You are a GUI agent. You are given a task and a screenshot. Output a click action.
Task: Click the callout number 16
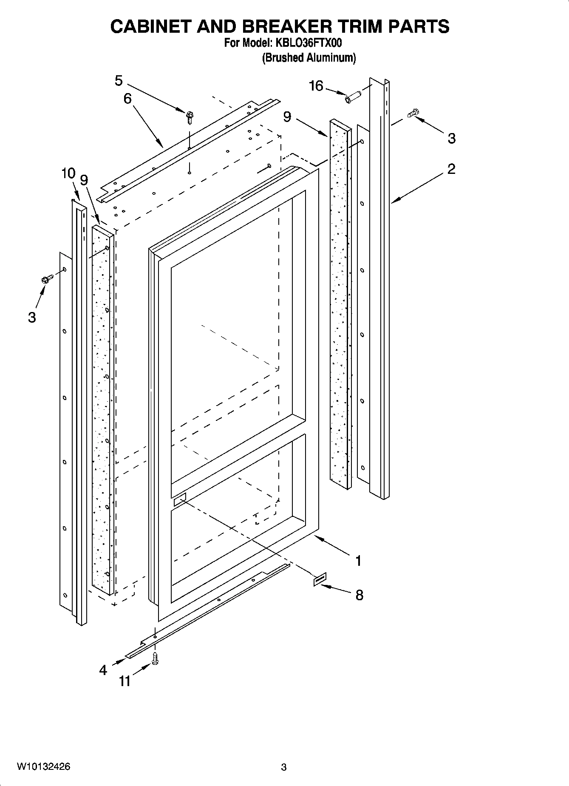[316, 86]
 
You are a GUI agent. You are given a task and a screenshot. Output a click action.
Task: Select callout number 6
[127, 99]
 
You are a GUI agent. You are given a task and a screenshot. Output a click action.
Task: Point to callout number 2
[451, 169]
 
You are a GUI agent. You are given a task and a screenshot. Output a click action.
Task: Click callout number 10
[68, 173]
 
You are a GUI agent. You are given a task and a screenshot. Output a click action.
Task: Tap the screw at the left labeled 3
[46, 279]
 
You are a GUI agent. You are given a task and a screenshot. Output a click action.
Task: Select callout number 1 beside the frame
[358, 561]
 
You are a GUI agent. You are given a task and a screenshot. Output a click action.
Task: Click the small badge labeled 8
[320, 579]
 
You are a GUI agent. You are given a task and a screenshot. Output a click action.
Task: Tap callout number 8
[359, 595]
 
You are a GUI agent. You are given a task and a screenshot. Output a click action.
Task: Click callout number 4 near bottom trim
[103, 670]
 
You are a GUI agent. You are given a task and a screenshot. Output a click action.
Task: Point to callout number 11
[125, 681]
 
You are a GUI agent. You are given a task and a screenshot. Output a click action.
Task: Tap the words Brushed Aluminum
[309, 57]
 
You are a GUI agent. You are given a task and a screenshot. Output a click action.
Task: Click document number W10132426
[44, 767]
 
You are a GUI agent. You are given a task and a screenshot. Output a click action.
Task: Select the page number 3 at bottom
[284, 768]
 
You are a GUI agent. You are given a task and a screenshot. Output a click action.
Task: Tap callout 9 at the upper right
[287, 116]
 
